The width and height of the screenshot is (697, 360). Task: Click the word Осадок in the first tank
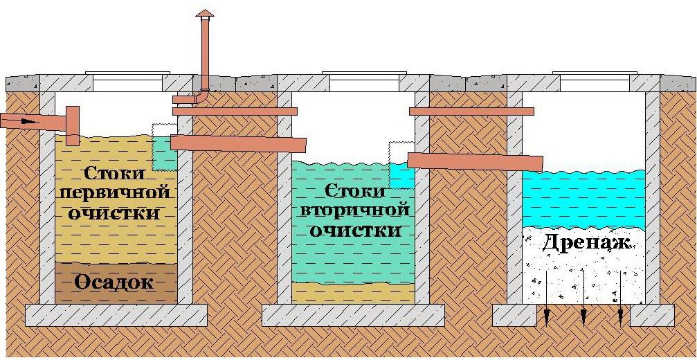click(x=114, y=282)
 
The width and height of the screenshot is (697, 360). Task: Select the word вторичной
click(x=354, y=210)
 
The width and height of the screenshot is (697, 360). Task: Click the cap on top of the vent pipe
click(x=204, y=13)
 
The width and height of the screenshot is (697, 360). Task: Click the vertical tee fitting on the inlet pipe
click(x=73, y=125)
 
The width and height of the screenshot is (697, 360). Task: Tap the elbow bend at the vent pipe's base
click(x=203, y=96)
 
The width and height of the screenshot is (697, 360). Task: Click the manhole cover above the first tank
click(x=127, y=73)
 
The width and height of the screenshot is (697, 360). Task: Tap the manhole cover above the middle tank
click(x=364, y=73)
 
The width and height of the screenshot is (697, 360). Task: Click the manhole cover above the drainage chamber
click(x=595, y=73)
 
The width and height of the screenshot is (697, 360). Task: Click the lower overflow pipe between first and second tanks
click(x=238, y=143)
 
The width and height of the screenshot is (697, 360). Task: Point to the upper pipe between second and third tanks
click(x=471, y=111)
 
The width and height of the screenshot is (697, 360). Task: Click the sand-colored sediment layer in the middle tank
click(x=354, y=293)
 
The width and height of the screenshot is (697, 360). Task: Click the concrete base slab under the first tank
click(x=116, y=315)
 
